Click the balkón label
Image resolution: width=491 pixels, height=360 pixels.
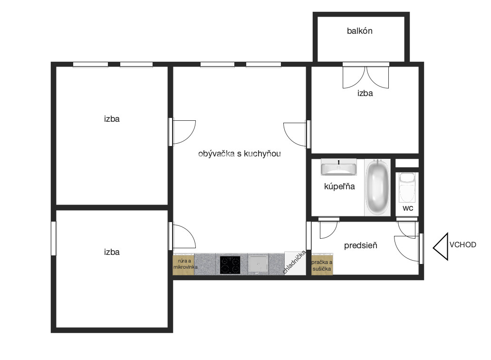[359, 31]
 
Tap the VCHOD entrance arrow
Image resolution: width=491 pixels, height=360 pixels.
[441, 247]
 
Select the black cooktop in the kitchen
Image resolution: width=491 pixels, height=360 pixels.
[230, 265]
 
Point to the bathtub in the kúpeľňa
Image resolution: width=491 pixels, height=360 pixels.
[377, 187]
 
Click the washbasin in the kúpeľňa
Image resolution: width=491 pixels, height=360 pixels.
[338, 167]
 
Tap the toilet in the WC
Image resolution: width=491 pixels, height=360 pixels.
[407, 187]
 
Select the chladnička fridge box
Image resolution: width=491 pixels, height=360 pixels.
[295, 263]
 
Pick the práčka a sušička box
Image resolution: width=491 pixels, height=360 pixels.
[322, 265]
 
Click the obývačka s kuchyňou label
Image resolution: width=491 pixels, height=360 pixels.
[239, 154]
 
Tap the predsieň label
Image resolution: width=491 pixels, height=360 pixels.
[360, 245]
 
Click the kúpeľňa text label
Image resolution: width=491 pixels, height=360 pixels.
[339, 186]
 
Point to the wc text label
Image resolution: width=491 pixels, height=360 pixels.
[408, 208]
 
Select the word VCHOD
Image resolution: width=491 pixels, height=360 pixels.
[463, 245]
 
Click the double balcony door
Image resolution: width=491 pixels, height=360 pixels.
[366, 77]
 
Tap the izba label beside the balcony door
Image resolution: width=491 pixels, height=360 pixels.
[365, 93]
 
